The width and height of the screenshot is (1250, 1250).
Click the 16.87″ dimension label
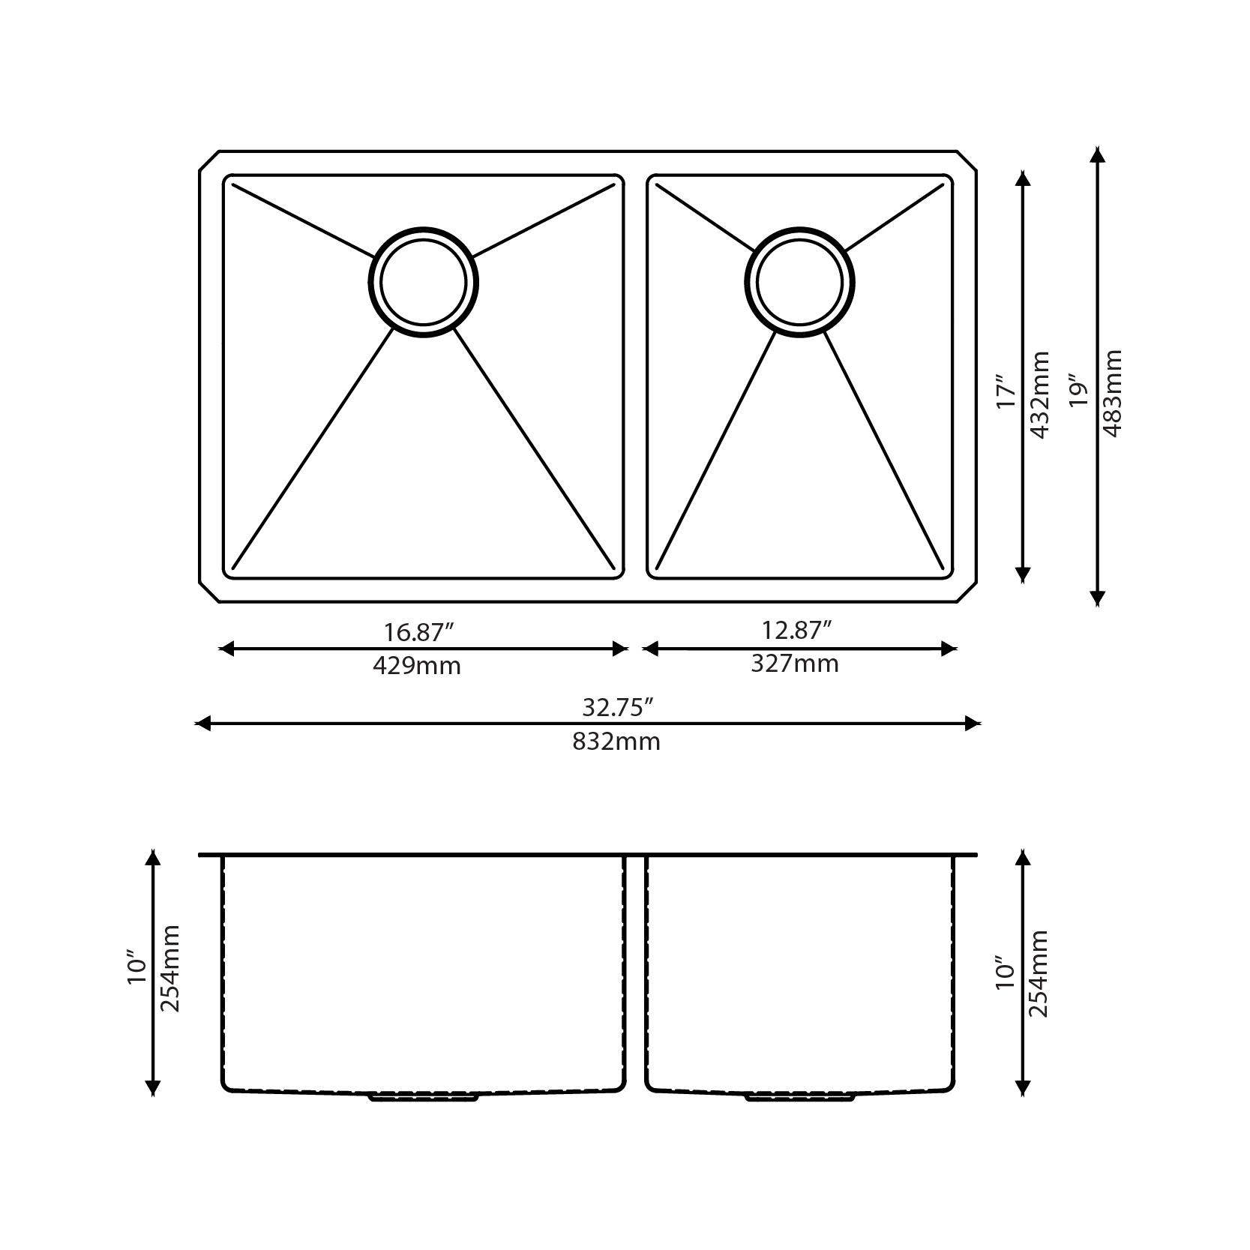click(x=419, y=632)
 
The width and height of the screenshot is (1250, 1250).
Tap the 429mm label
click(x=417, y=665)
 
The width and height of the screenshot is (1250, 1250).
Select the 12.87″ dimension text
click(x=797, y=631)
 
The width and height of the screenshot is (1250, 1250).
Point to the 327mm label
click(x=795, y=664)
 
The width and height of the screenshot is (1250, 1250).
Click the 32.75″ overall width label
click(x=618, y=707)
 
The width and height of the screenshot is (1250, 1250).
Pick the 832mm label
click(x=616, y=742)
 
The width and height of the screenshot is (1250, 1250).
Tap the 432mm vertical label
click(x=1040, y=394)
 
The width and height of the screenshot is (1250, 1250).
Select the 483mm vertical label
click(x=1113, y=393)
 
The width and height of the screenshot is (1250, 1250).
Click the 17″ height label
click(x=1006, y=392)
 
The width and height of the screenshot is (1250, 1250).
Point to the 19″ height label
click(x=1078, y=391)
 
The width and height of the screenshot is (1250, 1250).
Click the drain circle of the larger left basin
click(x=423, y=282)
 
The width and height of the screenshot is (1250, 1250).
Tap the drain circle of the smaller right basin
click(x=799, y=282)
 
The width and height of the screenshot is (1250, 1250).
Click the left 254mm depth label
click(x=170, y=968)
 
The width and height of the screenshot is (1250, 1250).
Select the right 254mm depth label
click(x=1039, y=973)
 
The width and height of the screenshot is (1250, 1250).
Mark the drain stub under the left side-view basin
click(x=423, y=1097)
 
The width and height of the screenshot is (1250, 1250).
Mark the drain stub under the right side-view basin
click(x=799, y=1097)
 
